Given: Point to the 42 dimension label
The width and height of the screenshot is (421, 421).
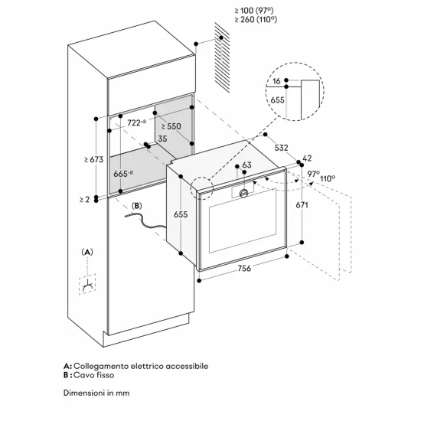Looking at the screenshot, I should [x=308, y=158].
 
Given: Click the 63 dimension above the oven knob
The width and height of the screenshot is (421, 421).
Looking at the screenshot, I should [x=246, y=165].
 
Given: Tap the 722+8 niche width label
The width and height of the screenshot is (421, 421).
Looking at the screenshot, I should [x=139, y=122].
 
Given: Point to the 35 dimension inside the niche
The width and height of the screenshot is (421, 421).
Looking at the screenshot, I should [x=162, y=139].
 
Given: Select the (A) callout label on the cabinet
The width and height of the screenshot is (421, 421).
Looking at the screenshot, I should [x=87, y=251].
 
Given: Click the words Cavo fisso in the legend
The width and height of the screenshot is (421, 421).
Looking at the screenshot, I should [x=96, y=375].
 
